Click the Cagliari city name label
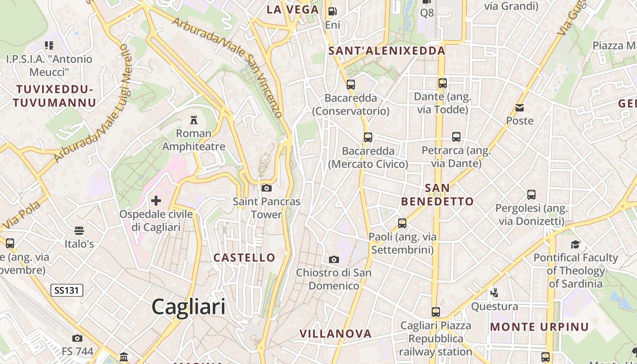point(188,307)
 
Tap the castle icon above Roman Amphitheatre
point(194,120)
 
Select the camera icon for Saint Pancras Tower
point(267,188)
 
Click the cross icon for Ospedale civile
point(156,200)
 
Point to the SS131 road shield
point(67,290)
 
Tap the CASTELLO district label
point(244,258)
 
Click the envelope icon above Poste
point(520,108)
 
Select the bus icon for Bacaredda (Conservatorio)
point(350,84)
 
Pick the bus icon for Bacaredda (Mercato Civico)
point(368,137)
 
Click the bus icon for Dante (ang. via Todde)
point(442,83)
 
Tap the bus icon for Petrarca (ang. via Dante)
point(456,137)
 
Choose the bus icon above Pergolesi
point(531,195)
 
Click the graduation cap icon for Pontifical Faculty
point(576,244)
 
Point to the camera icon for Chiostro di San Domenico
point(334,259)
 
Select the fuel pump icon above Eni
point(333,11)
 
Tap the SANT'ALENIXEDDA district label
point(387,51)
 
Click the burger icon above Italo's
point(79,231)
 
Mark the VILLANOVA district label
point(335,334)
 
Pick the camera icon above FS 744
point(77,338)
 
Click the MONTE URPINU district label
point(539,327)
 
